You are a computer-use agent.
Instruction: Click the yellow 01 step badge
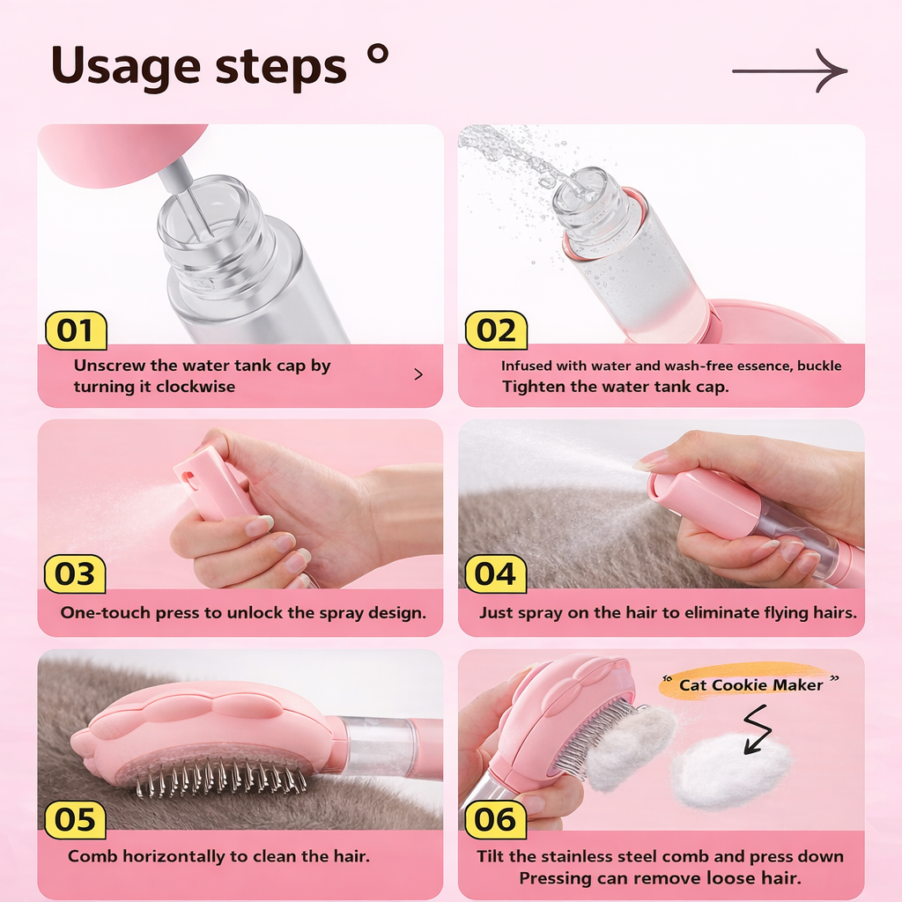coord(76,330)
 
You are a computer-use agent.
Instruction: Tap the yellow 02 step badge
coord(496,330)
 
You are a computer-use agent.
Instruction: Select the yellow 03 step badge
coord(75,573)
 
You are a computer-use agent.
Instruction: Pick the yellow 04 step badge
coord(495,573)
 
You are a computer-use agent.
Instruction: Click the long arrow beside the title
coord(789,70)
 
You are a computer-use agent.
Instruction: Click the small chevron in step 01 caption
coord(418,374)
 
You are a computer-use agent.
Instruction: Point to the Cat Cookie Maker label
coord(750,684)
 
